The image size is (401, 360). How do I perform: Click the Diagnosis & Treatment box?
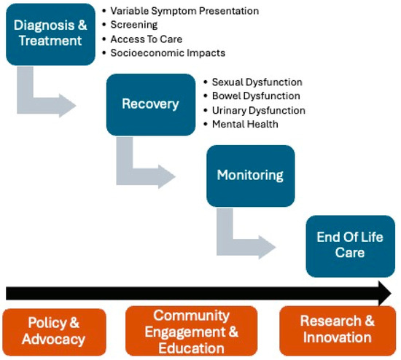tap(50, 34)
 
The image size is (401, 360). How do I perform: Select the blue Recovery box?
tap(151, 104)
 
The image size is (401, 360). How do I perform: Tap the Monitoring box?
tap(251, 176)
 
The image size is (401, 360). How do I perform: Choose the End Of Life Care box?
tap(351, 246)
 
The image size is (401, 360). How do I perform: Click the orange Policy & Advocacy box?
tap(54, 332)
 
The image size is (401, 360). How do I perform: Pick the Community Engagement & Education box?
tap(191, 331)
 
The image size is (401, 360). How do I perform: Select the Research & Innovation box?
tap(338, 331)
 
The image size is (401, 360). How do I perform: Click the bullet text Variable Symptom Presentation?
tap(184, 11)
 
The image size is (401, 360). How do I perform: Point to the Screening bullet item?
tap(133, 25)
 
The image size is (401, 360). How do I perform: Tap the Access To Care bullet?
tap(147, 39)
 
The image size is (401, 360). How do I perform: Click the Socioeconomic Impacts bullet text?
tap(168, 53)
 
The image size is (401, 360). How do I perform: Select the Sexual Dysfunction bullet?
tap(257, 82)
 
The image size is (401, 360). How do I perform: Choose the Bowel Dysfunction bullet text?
tap(256, 96)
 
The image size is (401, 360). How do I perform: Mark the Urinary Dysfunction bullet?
tap(259, 111)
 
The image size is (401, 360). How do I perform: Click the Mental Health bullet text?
tap(245, 125)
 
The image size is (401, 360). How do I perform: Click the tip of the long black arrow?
tap(392, 293)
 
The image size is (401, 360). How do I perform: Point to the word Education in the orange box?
tap(191, 348)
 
